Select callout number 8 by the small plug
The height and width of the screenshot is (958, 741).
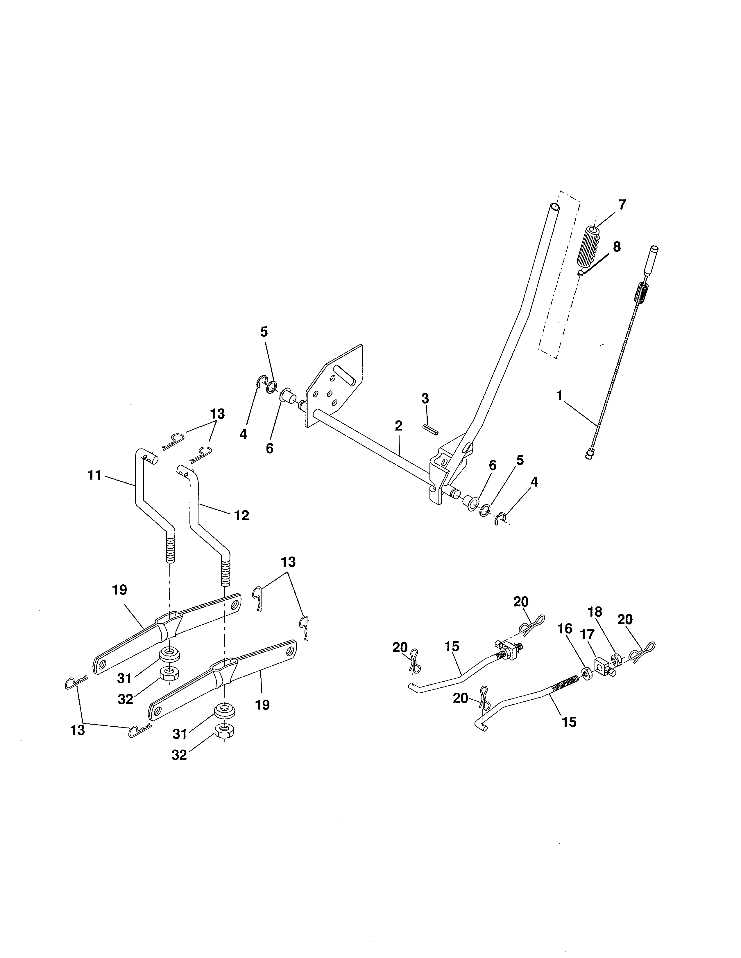pyautogui.click(x=616, y=247)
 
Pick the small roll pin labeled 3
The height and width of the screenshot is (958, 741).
pyautogui.click(x=430, y=429)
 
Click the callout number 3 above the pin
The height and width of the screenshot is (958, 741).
pyautogui.click(x=425, y=398)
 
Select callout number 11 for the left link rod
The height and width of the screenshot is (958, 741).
pyautogui.click(x=94, y=475)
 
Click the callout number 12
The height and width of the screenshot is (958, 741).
pyautogui.click(x=241, y=515)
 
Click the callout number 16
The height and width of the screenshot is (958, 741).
pyautogui.click(x=565, y=629)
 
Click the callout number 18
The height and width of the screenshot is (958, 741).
pyautogui.click(x=595, y=612)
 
